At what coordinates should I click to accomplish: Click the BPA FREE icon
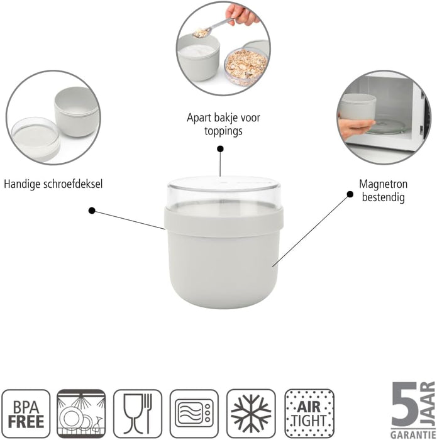tap(26, 413)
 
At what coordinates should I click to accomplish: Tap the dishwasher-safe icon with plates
tap(81, 413)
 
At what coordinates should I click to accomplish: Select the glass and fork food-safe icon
tap(138, 413)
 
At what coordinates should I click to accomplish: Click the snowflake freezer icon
tap(251, 413)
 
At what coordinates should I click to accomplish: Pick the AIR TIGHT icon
tap(309, 413)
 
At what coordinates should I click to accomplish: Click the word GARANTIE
tap(412, 432)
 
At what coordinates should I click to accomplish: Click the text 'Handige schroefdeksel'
tap(53, 185)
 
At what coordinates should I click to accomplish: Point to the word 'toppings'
tap(223, 131)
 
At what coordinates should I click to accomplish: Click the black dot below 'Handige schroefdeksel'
tap(92, 211)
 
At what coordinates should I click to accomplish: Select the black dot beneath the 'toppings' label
tap(220, 149)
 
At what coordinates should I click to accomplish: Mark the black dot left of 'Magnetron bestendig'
tap(350, 194)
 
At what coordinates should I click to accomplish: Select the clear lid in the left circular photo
tap(34, 136)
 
